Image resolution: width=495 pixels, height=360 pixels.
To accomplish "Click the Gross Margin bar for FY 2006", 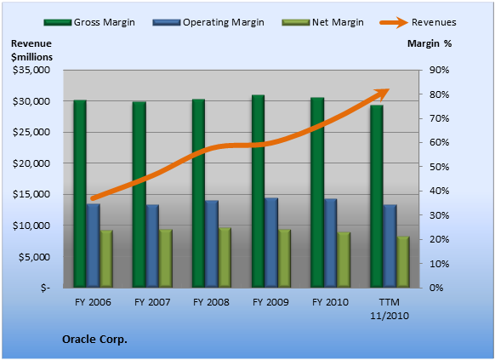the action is tap(80, 193).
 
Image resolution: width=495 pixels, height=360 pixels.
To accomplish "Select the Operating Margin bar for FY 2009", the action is tap(271, 243).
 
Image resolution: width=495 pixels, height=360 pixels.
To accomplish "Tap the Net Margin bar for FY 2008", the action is tap(225, 258).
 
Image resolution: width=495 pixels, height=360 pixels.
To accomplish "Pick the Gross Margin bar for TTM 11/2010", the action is tap(377, 197).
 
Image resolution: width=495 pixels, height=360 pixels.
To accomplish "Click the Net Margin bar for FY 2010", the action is tap(344, 260).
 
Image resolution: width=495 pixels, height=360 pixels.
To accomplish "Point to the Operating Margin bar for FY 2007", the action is tap(152, 246).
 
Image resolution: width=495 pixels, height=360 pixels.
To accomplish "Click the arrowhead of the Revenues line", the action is tap(384, 93).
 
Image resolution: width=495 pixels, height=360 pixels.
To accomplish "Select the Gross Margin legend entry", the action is tap(89, 22).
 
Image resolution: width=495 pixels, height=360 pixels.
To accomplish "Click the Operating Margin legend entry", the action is tap(208, 22).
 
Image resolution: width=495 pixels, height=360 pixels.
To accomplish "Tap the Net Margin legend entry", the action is tap(322, 22).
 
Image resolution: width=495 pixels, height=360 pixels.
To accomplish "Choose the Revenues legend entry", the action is tap(418, 22).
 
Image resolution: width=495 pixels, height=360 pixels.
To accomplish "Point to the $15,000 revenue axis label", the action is tap(31, 194).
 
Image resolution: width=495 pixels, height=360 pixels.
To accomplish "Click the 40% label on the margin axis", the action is tap(439, 191).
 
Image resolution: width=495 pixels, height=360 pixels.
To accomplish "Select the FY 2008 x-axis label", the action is tap(211, 302).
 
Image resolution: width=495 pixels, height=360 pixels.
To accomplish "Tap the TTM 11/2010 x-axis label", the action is tap(390, 309).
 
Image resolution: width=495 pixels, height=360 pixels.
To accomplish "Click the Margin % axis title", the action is tap(430, 43).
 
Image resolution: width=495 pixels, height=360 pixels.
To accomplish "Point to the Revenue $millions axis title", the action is tap(31, 50).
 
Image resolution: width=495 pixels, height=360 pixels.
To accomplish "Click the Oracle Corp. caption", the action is tap(94, 340).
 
